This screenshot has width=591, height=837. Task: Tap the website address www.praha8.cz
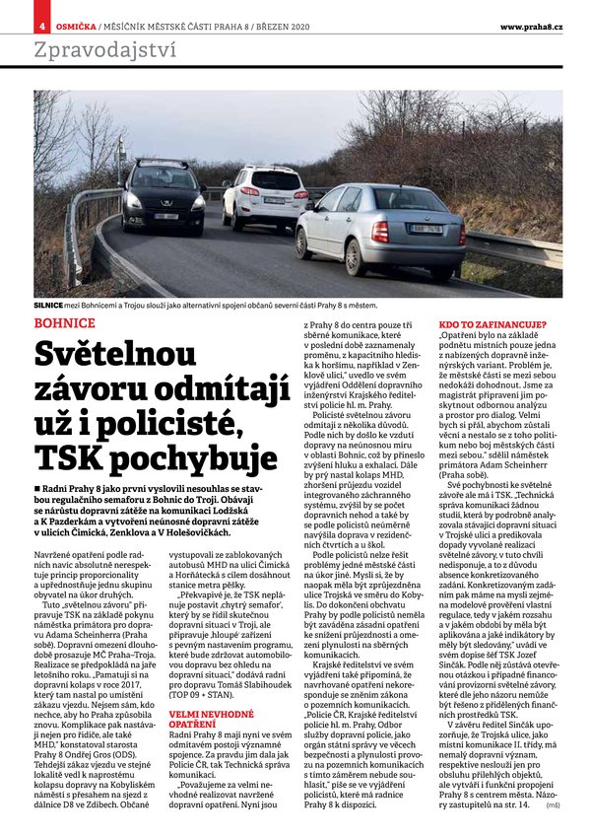pyautogui.click(x=531, y=25)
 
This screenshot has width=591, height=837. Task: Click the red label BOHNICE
pyautogui.click(x=64, y=322)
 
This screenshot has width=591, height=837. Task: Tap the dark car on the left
pyautogui.click(x=163, y=198)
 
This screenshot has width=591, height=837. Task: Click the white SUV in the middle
pyautogui.click(x=265, y=195)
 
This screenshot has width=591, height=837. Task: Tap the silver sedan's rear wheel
pyautogui.click(x=355, y=257)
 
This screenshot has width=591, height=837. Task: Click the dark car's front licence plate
pyautogui.click(x=164, y=216)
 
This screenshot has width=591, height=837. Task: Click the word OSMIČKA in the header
pyautogui.click(x=75, y=25)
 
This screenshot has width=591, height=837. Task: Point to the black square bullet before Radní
pyautogui.click(x=37, y=490)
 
